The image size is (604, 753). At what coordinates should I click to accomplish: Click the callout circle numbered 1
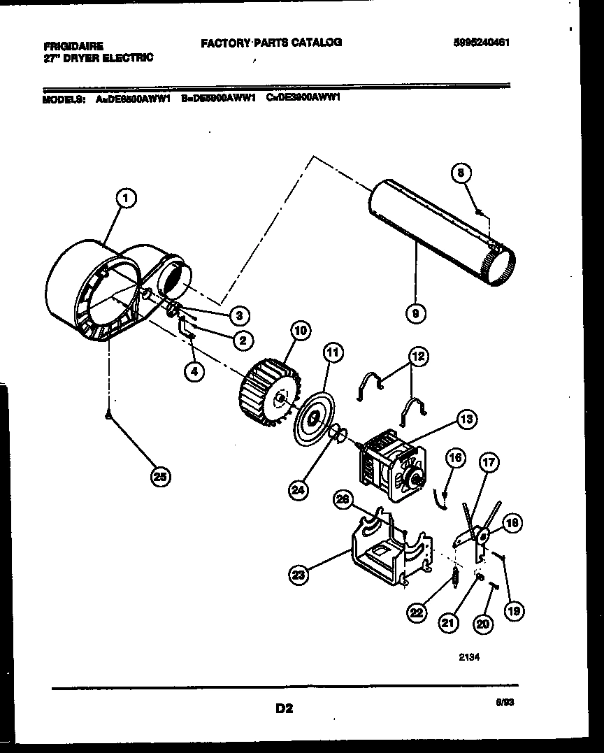(125, 200)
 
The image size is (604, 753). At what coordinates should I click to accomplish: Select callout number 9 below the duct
(416, 314)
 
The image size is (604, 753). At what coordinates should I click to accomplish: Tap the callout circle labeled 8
(461, 173)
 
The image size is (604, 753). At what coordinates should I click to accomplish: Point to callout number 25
(161, 477)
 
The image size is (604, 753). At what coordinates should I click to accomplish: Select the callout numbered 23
(299, 575)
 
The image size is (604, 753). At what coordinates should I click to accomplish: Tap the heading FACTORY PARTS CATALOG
(271, 43)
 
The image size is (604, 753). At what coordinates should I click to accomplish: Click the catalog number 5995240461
(480, 42)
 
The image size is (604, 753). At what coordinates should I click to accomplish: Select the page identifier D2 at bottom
(284, 708)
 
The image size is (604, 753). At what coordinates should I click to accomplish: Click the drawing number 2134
(468, 657)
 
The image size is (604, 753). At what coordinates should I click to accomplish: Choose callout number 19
(513, 611)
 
